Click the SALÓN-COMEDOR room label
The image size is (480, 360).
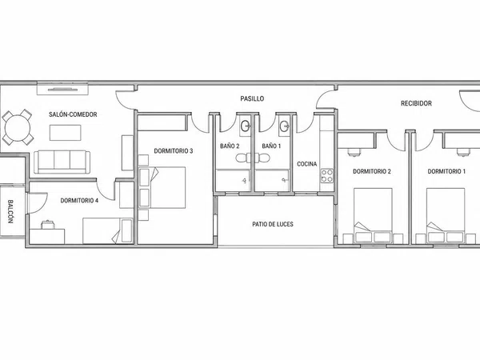pos(73,114)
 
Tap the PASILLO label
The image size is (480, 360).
pos(252,98)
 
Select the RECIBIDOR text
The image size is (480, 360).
pos(416,103)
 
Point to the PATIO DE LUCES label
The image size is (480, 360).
pos(273,224)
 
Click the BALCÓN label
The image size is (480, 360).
pos(10,211)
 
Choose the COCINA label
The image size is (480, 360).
pos(306,164)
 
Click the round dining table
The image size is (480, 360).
pos(18,127)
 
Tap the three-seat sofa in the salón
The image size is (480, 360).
pos(62,162)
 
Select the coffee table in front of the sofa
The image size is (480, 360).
pos(66,133)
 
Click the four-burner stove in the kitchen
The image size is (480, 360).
pos(326,176)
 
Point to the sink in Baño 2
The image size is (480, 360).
pos(246,126)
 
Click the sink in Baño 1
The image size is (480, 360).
pos(284,126)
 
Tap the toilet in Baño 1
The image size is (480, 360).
pos(263,158)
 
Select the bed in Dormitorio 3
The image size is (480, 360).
pos(162,188)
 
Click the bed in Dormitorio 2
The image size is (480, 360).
pos(373,215)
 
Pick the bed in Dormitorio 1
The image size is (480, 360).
pos(446,215)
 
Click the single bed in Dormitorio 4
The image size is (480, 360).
pos(108,231)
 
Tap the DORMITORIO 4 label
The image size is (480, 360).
pos(79,201)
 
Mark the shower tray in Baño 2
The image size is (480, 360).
pos(233,180)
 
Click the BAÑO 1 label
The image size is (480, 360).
pos(271,146)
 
